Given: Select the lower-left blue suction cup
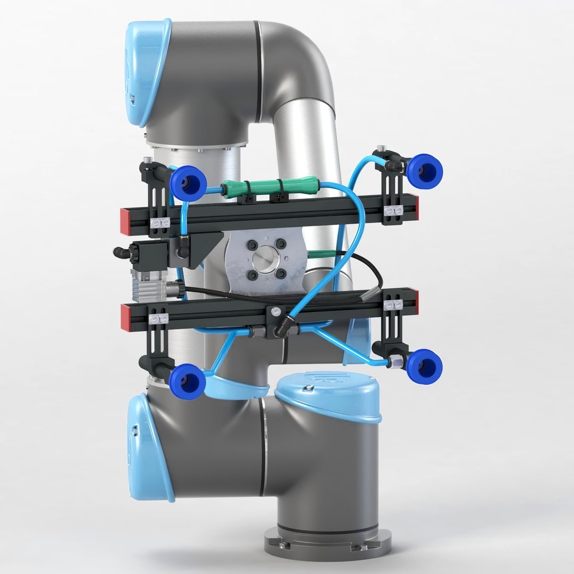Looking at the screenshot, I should (x=187, y=380).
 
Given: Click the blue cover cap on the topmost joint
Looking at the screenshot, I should (x=147, y=72).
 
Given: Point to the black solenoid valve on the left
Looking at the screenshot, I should (x=151, y=252).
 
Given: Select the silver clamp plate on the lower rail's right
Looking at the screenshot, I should (x=393, y=305).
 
